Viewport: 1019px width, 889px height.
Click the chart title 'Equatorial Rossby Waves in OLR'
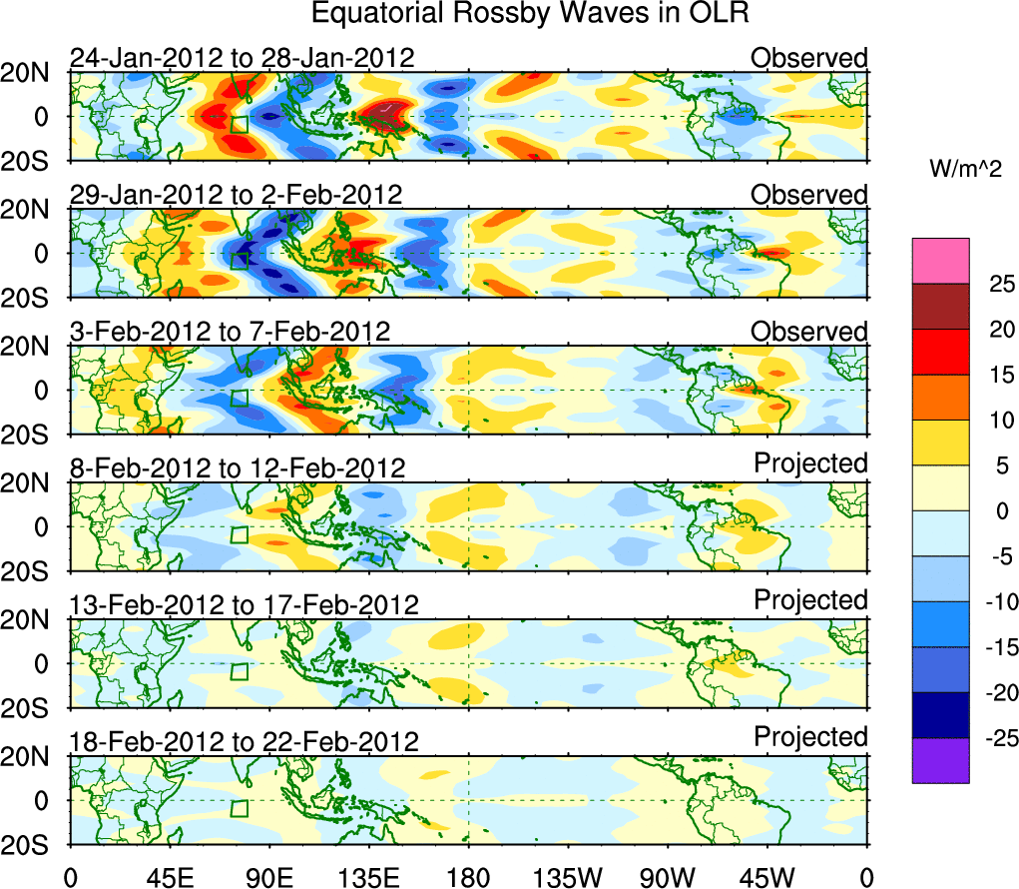tap(530, 14)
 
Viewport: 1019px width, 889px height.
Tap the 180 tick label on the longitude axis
tap(468, 878)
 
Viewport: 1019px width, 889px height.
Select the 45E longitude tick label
tap(169, 878)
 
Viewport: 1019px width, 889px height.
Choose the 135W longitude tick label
tap(568, 878)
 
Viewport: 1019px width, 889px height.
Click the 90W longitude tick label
tap(668, 878)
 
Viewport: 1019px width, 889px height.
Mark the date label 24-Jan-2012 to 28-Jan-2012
tap(242, 57)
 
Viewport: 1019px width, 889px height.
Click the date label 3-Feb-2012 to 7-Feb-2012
tap(230, 331)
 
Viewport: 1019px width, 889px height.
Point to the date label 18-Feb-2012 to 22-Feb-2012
tap(244, 741)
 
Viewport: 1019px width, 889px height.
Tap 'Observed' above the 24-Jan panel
tap(809, 57)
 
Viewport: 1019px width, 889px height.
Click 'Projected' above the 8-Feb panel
tap(810, 463)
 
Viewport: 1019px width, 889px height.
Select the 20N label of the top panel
tap(35, 72)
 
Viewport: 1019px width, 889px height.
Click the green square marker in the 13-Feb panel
tap(238, 671)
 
